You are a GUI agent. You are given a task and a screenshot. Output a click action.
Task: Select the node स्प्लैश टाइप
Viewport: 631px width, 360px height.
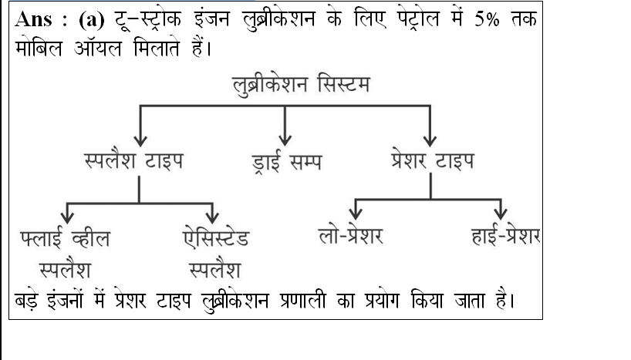coord(134,160)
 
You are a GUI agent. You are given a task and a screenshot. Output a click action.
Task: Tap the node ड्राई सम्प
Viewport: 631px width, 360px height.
coord(286,162)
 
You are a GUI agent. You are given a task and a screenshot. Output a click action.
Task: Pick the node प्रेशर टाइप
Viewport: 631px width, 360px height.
coord(433,160)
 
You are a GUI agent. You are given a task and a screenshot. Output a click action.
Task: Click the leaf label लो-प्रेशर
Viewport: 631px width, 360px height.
coord(351,234)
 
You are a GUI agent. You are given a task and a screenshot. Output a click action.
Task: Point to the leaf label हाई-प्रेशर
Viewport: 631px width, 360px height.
coord(506,234)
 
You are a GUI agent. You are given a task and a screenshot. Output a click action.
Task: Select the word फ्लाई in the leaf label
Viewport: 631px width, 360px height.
coord(42,237)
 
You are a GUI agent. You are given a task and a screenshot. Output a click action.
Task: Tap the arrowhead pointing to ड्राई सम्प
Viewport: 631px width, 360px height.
coord(285,141)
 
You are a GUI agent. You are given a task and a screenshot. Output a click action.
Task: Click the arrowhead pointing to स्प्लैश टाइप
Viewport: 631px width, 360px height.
coord(140,141)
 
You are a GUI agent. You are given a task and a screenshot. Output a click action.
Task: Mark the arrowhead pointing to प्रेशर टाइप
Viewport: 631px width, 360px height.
coord(430,141)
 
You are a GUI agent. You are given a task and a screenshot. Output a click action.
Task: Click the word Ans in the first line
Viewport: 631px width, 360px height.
coord(34,19)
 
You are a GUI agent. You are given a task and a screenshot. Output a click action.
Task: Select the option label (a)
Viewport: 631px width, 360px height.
coord(92,20)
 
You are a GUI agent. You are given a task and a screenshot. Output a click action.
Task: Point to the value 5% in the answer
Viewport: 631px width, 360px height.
coord(487,19)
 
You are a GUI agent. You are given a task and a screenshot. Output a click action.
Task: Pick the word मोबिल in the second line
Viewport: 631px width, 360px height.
coord(39,49)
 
